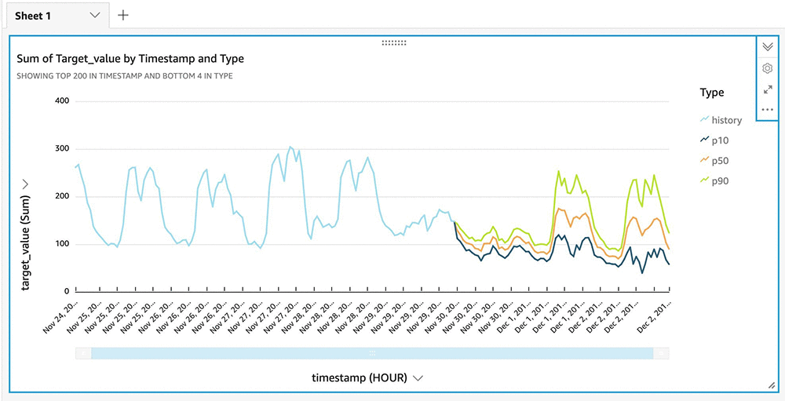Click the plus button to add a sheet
[123, 15]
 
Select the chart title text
[130, 59]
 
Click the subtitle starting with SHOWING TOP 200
[124, 76]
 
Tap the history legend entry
[726, 120]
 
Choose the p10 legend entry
[720, 140]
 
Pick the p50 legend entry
[720, 161]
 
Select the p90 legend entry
[720, 181]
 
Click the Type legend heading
[711, 93]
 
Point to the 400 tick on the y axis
[62, 101]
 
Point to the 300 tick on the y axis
[62, 149]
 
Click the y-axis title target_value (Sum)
[26, 243]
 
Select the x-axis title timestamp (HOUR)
[359, 377]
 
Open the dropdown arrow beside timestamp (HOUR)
[418, 377]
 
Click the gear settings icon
[768, 68]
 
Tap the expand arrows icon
[768, 89]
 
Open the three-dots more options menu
[768, 110]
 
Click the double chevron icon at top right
[768, 46]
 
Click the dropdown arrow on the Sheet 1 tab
[95, 15]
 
